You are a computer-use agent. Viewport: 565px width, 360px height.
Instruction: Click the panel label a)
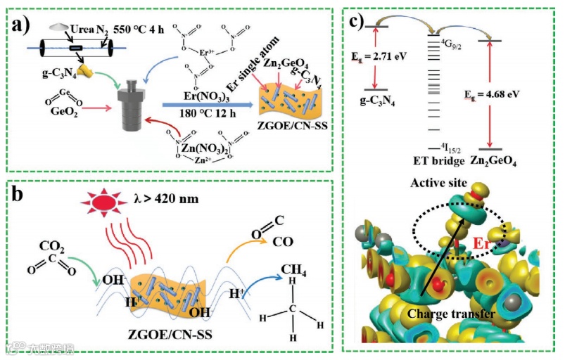[21, 26]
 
